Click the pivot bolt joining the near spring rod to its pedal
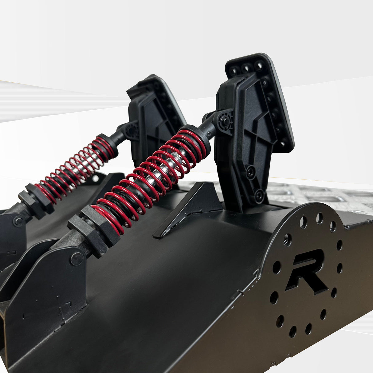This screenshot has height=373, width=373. tap(225, 121)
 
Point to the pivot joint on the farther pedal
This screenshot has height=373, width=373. tap(132, 129)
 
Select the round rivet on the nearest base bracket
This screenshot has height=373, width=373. tap(77, 259)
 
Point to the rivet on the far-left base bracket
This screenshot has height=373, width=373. tap(18, 221)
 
